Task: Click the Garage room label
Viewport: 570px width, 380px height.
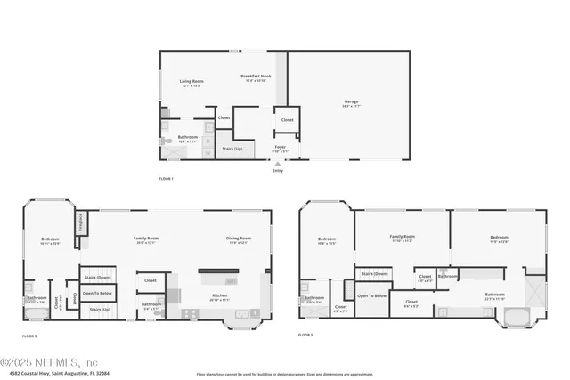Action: [x=351, y=102]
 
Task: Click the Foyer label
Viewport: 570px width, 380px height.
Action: [x=279, y=149]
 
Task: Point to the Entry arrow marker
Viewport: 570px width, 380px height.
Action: [x=278, y=165]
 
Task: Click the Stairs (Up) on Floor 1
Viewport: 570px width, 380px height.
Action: [x=232, y=149]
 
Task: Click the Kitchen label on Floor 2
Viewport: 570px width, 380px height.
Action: [x=219, y=297]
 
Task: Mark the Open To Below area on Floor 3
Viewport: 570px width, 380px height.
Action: [x=372, y=296]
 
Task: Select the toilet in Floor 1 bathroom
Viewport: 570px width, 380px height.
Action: [x=165, y=141]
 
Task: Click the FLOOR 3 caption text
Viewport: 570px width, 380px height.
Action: [x=305, y=335]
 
